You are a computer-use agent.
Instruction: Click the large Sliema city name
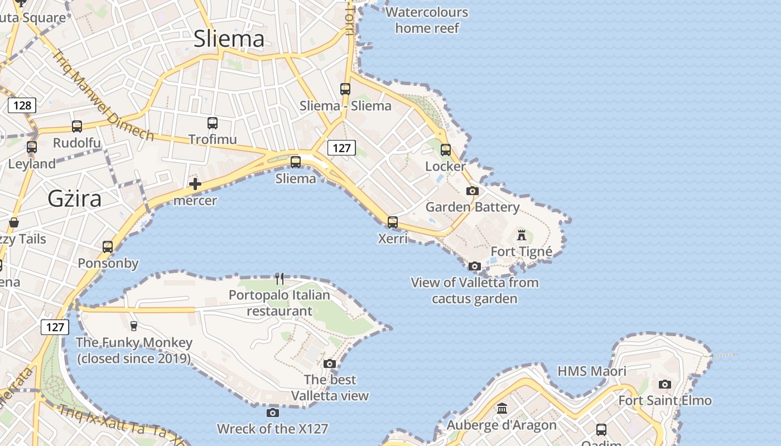pyautogui.click(x=229, y=38)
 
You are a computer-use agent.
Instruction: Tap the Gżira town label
pyautogui.click(x=74, y=198)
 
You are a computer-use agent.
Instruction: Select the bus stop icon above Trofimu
pyautogui.click(x=212, y=123)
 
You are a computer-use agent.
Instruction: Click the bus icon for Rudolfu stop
pyautogui.click(x=77, y=127)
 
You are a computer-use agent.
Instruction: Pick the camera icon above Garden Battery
pyautogui.click(x=473, y=191)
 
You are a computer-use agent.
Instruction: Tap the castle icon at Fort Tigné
pyautogui.click(x=522, y=235)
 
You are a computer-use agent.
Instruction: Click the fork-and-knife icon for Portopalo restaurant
pyautogui.click(x=279, y=278)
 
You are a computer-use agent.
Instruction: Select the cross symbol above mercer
pyautogui.click(x=195, y=184)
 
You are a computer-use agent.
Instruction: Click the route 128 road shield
pyautogui.click(x=22, y=105)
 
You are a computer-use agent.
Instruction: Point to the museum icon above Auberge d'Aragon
pyautogui.click(x=502, y=409)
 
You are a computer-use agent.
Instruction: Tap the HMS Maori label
pyautogui.click(x=592, y=371)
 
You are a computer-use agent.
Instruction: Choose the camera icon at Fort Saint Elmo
pyautogui.click(x=664, y=384)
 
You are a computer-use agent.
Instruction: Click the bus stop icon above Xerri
pyautogui.click(x=393, y=222)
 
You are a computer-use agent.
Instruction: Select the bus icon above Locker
pyautogui.click(x=445, y=149)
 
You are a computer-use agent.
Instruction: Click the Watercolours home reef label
pyautogui.click(x=427, y=20)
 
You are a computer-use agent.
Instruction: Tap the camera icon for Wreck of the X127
pyautogui.click(x=272, y=413)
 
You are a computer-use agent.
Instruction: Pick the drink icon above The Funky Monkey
pyautogui.click(x=133, y=326)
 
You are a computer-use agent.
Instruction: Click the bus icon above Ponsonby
pyautogui.click(x=108, y=246)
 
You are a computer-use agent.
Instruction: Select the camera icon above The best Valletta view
pyautogui.click(x=330, y=364)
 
